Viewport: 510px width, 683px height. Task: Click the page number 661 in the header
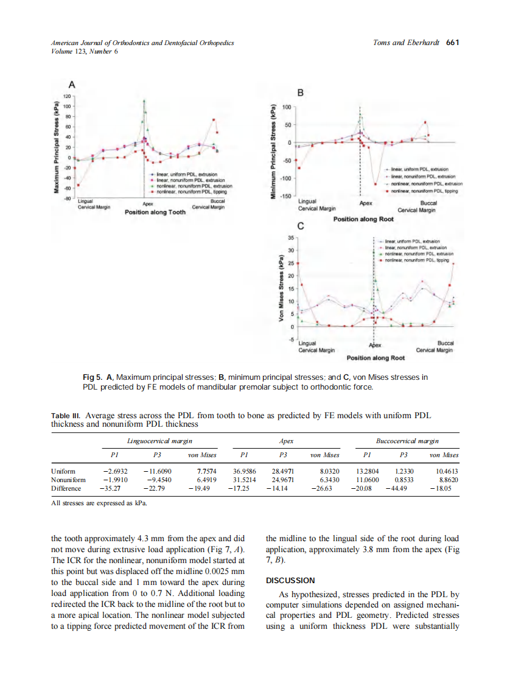point(452,43)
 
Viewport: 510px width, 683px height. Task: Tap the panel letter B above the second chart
point(299,93)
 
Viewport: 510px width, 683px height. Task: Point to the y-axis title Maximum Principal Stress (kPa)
point(56,146)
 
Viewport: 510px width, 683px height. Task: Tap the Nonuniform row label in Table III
point(68,480)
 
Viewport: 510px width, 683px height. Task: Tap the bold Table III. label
point(68,416)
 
